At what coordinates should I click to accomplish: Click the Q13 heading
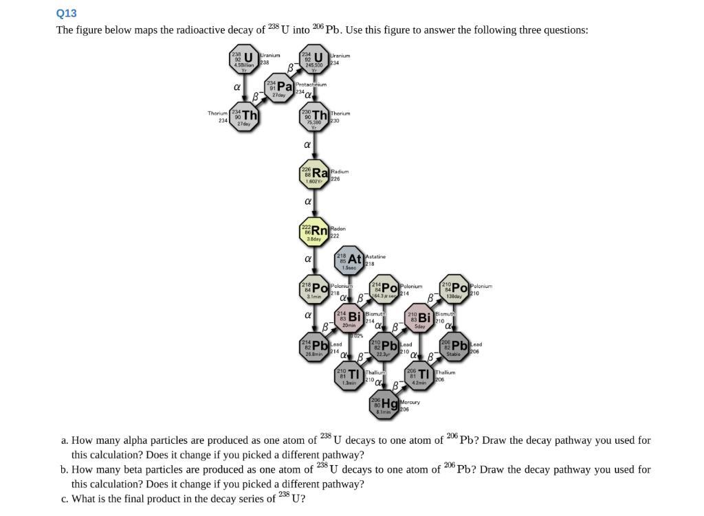click(x=67, y=13)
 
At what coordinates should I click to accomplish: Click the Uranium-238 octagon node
click(x=245, y=60)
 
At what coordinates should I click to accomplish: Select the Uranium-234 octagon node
click(x=314, y=60)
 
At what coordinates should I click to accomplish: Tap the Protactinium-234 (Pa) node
click(x=279, y=88)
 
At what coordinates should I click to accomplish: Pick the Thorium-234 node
click(x=245, y=115)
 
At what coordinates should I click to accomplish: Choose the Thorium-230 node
click(x=314, y=116)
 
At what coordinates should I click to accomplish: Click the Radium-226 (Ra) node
click(x=315, y=175)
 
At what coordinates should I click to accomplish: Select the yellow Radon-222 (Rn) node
click(x=315, y=232)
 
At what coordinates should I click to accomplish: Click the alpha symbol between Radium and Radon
click(x=309, y=202)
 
